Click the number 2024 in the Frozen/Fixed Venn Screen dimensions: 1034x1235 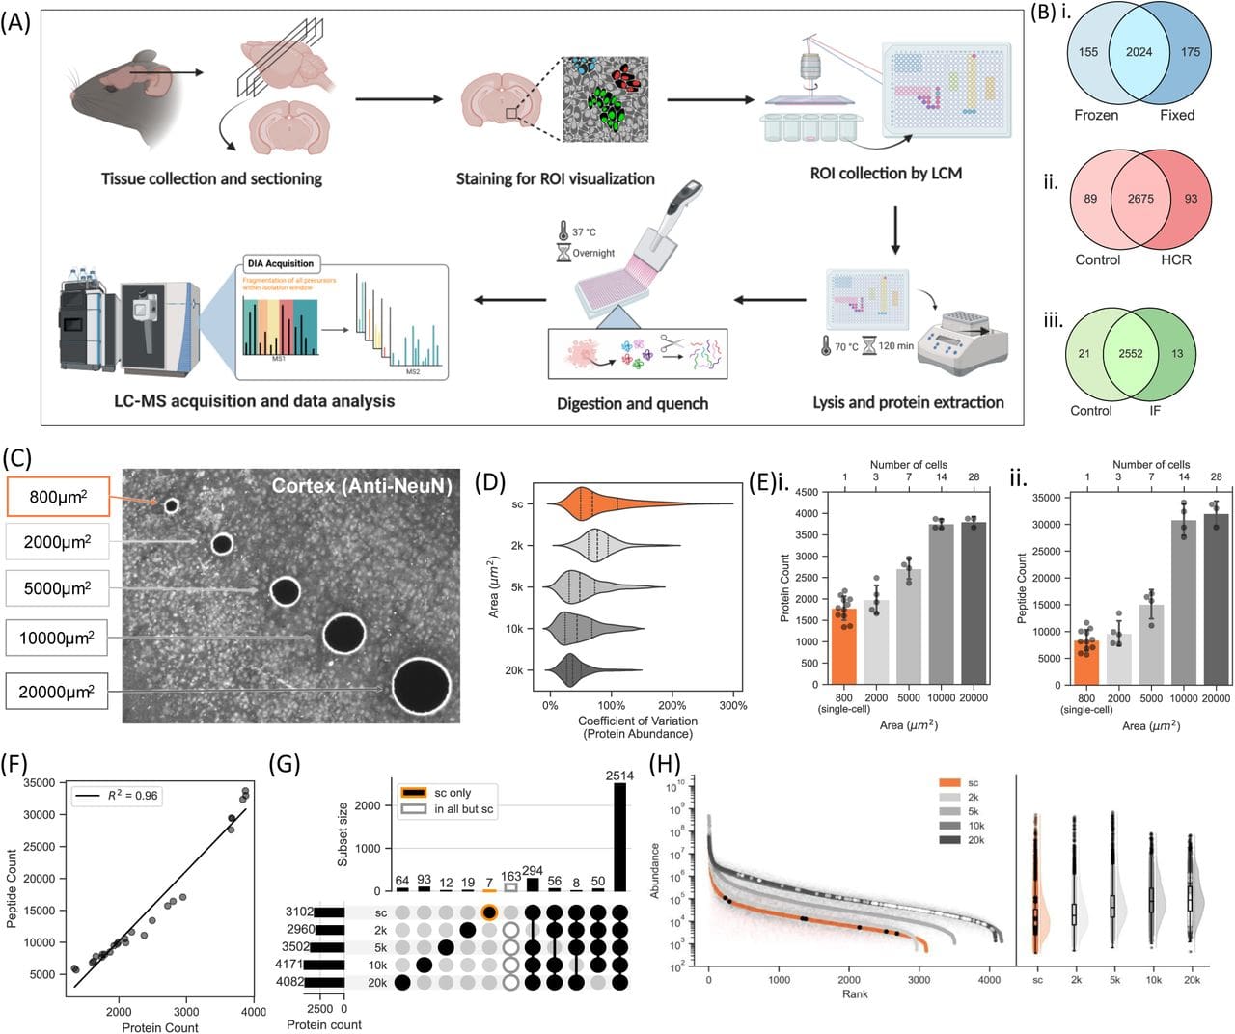(x=1139, y=52)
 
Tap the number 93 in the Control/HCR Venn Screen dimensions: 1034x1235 (x=1191, y=199)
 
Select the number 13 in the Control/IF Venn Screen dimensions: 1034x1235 (x=1177, y=353)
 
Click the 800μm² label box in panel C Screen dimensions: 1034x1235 (x=58, y=498)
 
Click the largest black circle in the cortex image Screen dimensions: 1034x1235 (x=421, y=686)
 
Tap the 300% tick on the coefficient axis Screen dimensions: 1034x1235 (x=732, y=705)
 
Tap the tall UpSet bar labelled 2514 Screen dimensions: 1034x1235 (x=620, y=836)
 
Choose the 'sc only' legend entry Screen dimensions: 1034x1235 (x=452, y=793)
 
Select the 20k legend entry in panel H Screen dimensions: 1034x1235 (x=973, y=840)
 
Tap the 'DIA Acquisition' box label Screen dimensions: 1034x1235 (x=280, y=263)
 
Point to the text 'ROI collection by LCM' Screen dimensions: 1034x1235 (x=886, y=173)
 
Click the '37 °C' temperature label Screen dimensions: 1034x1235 (x=584, y=232)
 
